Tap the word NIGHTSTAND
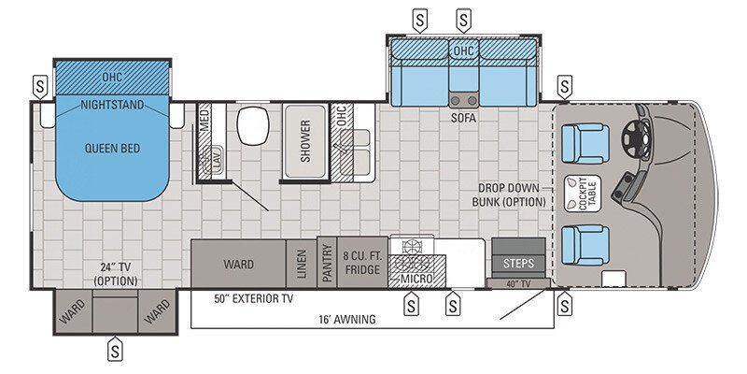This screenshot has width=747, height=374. (112, 105)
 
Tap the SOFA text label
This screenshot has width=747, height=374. (463, 120)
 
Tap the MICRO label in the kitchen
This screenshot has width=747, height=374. (418, 279)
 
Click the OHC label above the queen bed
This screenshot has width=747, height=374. (112, 77)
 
